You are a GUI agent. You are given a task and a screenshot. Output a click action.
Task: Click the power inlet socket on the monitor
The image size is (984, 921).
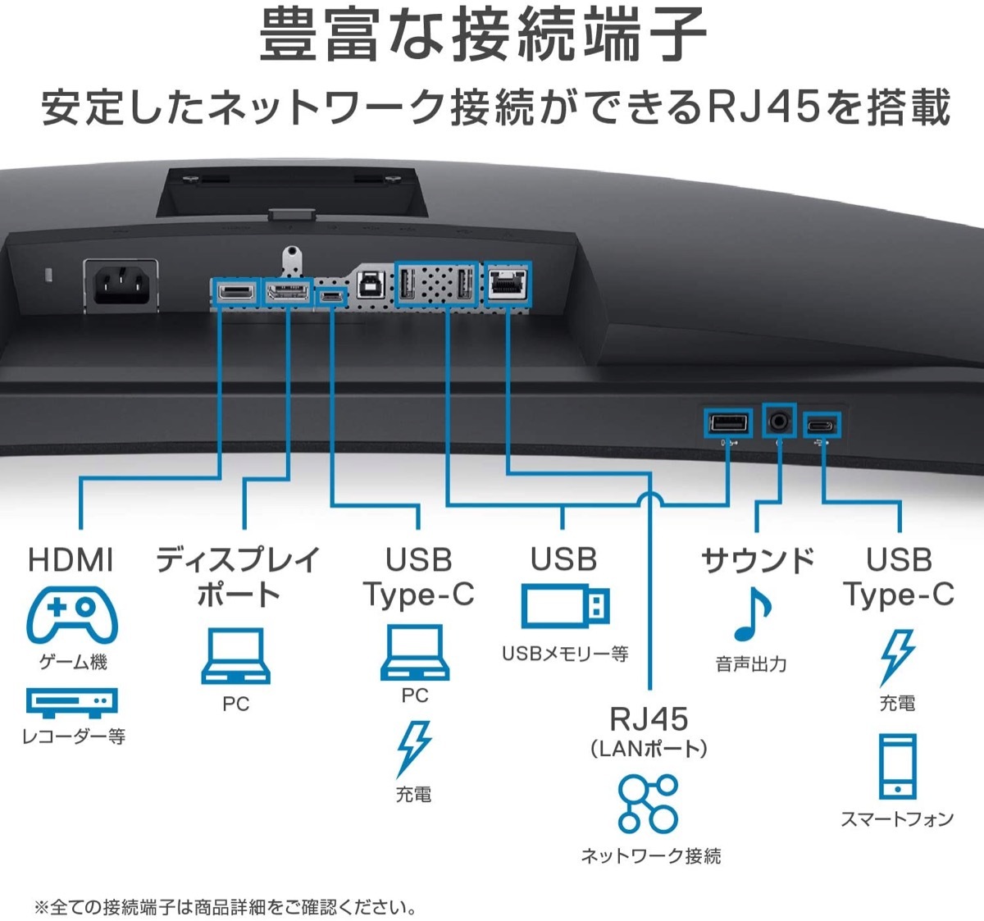pyautogui.click(x=122, y=285)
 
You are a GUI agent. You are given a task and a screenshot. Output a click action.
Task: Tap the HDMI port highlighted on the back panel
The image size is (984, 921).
pyautogui.click(x=235, y=293)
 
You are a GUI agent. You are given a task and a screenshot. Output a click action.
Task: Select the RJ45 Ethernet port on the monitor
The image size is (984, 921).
pyautogui.click(x=508, y=283)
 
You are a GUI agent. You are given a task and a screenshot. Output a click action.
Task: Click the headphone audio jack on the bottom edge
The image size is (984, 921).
pyautogui.click(x=778, y=422)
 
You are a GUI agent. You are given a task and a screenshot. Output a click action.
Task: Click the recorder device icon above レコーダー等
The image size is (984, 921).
pyautogui.click(x=72, y=702)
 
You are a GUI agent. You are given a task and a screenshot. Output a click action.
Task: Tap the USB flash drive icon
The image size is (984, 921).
pyautogui.click(x=566, y=607)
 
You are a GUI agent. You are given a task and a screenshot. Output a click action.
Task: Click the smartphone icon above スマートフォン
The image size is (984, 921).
pyautogui.click(x=897, y=766)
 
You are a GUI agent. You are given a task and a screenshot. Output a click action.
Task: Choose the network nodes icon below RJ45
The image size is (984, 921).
pyautogui.click(x=649, y=803)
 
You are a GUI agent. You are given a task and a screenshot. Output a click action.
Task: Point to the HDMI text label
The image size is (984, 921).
pyautogui.click(x=71, y=560)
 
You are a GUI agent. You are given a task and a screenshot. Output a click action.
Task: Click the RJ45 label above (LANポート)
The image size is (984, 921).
pyautogui.click(x=649, y=719)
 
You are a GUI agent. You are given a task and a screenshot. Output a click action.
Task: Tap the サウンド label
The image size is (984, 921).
pyautogui.click(x=758, y=560)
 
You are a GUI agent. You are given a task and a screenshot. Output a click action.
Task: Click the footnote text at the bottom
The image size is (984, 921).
pyautogui.click(x=225, y=907)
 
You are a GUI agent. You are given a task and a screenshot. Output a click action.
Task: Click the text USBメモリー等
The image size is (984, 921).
pyautogui.click(x=565, y=654)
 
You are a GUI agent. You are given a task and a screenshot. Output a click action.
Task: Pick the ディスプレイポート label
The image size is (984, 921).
pyautogui.click(x=238, y=577)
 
